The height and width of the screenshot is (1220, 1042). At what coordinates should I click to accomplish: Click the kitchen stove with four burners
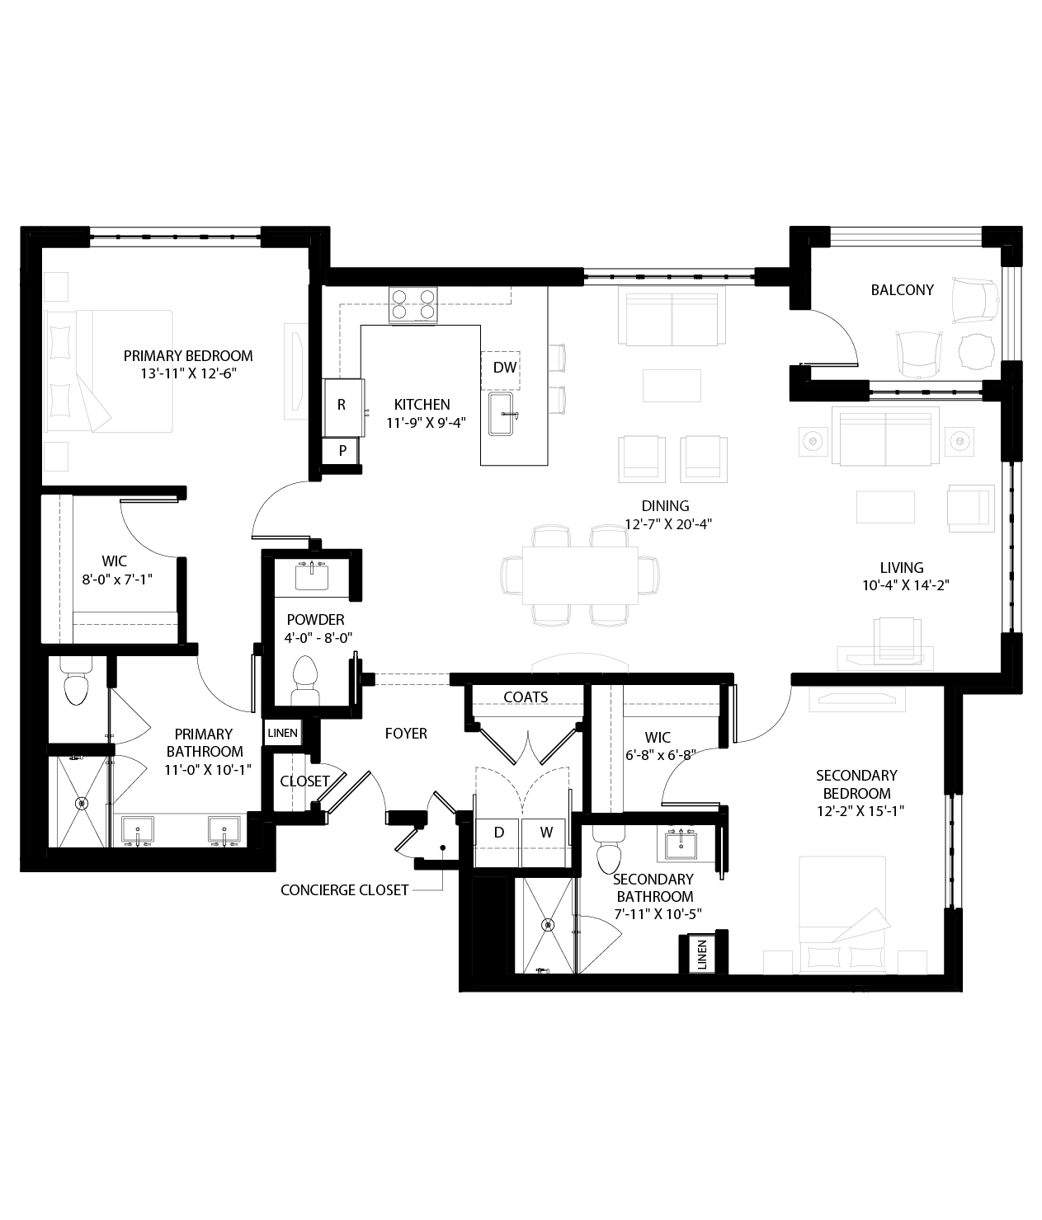pos(413,304)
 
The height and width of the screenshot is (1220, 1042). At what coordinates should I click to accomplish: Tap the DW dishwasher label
pos(504,368)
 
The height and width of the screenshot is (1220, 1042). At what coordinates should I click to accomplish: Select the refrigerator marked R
pos(342,406)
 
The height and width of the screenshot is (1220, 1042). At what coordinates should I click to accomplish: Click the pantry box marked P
pos(342,451)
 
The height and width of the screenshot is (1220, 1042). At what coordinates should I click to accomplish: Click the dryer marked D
pos(498,833)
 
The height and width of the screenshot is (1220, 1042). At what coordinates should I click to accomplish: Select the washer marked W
pos(546,833)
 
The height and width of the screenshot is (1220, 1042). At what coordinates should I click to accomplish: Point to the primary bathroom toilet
pos(76,683)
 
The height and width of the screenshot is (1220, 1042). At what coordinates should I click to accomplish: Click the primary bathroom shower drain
pos(81,802)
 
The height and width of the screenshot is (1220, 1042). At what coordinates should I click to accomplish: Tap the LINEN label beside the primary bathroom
pos(282,733)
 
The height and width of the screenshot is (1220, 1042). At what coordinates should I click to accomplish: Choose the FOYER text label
pos(406,733)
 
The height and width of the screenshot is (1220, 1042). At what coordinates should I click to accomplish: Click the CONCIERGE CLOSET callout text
pos(344,890)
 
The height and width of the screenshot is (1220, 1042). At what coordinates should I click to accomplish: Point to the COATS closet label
pos(526,697)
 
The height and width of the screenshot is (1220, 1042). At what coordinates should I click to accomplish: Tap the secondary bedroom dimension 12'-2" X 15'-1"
pos(856,810)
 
